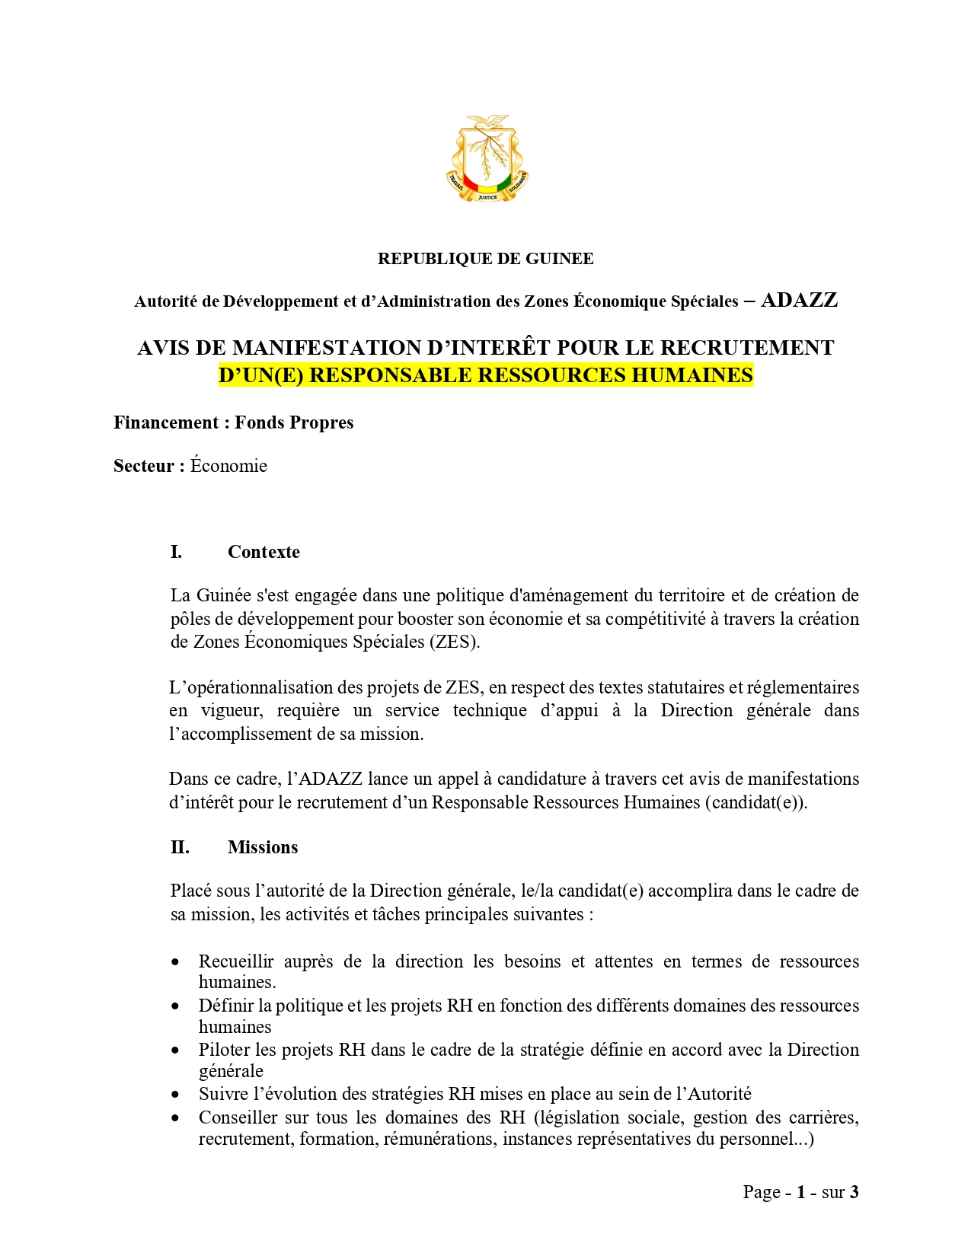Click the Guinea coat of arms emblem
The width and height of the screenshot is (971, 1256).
(487, 158)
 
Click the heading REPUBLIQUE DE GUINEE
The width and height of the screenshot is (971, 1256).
(485, 259)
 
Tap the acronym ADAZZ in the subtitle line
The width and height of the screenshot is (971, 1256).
(799, 300)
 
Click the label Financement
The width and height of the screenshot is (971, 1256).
(166, 422)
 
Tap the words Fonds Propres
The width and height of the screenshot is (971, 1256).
(294, 422)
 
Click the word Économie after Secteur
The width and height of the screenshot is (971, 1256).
(228, 466)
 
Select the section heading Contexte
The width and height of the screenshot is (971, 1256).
(264, 552)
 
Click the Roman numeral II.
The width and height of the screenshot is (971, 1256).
(179, 847)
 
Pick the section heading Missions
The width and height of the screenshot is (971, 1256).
(263, 847)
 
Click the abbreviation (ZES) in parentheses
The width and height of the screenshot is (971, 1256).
(455, 642)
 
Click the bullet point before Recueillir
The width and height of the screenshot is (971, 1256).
(176, 962)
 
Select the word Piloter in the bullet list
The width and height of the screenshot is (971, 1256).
(225, 1050)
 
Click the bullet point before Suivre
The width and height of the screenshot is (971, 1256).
(176, 1095)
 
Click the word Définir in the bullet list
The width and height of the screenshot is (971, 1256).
(225, 1006)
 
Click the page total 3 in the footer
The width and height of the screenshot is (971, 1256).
(854, 1192)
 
